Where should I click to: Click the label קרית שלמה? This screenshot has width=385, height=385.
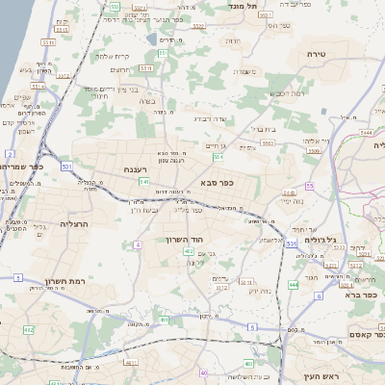pyautogui.click(x=113, y=57)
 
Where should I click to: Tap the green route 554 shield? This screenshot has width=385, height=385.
pyautogui.click(x=218, y=157)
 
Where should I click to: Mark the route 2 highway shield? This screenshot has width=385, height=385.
pyautogui.click(x=10, y=153)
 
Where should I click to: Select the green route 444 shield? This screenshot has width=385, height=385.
pyautogui.click(x=293, y=285)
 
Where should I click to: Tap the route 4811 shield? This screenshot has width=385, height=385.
pyautogui.click(x=130, y=362)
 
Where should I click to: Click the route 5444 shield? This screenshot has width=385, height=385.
pyautogui.click(x=368, y=113)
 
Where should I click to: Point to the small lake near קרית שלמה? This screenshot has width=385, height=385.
pyautogui.click(x=152, y=39)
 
